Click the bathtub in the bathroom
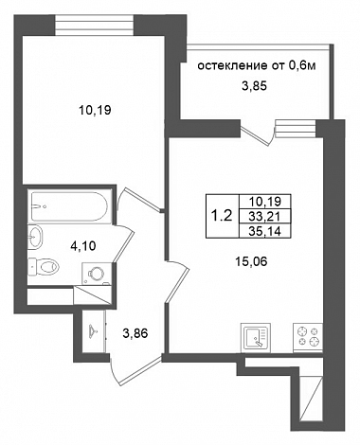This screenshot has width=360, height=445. [69, 206]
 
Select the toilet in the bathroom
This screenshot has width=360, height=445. [44, 267]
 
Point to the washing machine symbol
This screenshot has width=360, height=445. [97, 274]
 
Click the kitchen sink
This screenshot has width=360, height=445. [256, 337]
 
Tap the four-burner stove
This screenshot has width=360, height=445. [308, 337]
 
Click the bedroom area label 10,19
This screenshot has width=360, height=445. [95, 110]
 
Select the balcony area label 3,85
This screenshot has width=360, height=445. [255, 86]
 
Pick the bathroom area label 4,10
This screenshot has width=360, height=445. [83, 245]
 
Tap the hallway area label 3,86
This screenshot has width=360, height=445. [135, 333]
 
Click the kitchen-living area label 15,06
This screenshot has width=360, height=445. [251, 261]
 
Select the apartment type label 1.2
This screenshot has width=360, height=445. [222, 216]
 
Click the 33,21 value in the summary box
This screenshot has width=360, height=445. [264, 216]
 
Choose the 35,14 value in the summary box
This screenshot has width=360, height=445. [264, 231]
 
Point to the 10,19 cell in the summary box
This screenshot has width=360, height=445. [264, 201]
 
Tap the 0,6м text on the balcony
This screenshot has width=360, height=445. [302, 66]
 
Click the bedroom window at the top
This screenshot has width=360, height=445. [95, 26]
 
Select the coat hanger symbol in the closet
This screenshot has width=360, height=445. [93, 329]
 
